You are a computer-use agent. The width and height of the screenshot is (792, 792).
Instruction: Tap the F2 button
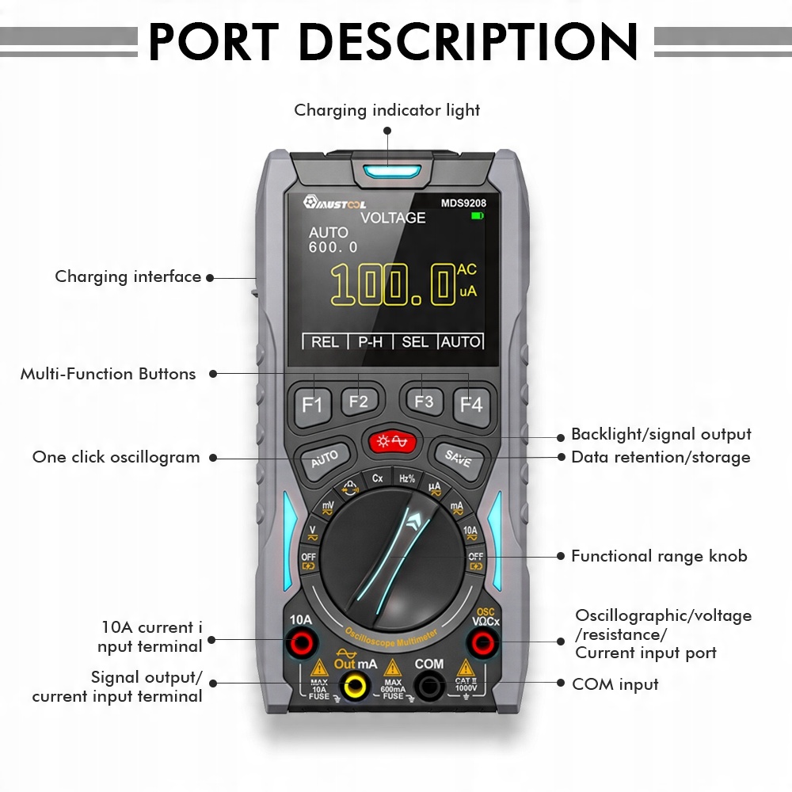pos(359,402)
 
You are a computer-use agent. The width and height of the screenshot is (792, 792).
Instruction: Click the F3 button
pos(424,402)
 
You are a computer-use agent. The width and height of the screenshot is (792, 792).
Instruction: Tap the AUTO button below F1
pos(325,458)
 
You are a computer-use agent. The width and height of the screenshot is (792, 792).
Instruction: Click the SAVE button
pos(458,458)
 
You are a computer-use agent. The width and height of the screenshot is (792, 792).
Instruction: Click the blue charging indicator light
pos(387,171)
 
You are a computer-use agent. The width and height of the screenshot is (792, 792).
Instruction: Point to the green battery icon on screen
pos(477,215)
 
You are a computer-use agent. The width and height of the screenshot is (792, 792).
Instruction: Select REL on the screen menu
pos(325,341)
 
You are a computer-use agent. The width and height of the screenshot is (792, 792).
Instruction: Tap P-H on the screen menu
pos(370,341)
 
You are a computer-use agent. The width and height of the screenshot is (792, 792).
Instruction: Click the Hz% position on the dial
pos(406,478)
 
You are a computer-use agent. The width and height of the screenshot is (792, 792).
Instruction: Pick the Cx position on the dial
pos(378,478)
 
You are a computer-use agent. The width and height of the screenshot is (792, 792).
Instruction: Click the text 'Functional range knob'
pos(659,556)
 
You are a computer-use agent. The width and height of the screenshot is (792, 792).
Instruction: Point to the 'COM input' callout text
pos(615,683)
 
